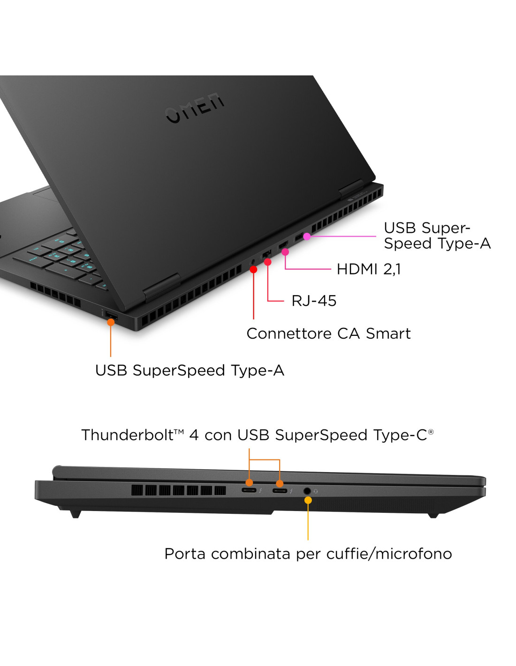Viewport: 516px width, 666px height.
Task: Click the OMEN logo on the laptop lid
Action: pyautogui.click(x=195, y=108)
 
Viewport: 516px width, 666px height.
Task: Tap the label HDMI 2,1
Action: pyautogui.click(x=368, y=269)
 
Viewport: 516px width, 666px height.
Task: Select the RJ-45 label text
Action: pyautogui.click(x=314, y=301)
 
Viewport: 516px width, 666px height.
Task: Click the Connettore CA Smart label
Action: pyautogui.click(x=328, y=333)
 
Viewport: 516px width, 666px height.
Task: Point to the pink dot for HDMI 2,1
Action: pyautogui.click(x=285, y=252)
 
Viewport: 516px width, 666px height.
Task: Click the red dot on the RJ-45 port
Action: pyautogui.click(x=268, y=262)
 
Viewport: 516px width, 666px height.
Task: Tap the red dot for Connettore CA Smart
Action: pyautogui.click(x=254, y=269)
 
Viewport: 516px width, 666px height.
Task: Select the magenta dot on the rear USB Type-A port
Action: pyautogui.click(x=307, y=237)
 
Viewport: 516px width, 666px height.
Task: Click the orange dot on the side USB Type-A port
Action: pyautogui.click(x=111, y=322)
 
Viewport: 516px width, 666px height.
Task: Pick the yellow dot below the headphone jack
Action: pyautogui.click(x=308, y=500)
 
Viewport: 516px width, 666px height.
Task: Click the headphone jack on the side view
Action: pyautogui.click(x=307, y=491)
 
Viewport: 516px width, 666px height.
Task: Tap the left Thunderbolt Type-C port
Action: pyautogui.click(x=249, y=490)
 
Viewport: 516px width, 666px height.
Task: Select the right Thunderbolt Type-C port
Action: pyautogui.click(x=280, y=491)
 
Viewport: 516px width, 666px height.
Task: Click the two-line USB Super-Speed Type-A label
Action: pyautogui.click(x=437, y=236)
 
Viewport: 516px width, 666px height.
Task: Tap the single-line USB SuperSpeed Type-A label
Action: pyautogui.click(x=190, y=370)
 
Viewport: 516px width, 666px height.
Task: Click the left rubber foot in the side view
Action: pyautogui.click(x=76, y=514)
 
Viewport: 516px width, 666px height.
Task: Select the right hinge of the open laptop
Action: pyautogui.click(x=351, y=189)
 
